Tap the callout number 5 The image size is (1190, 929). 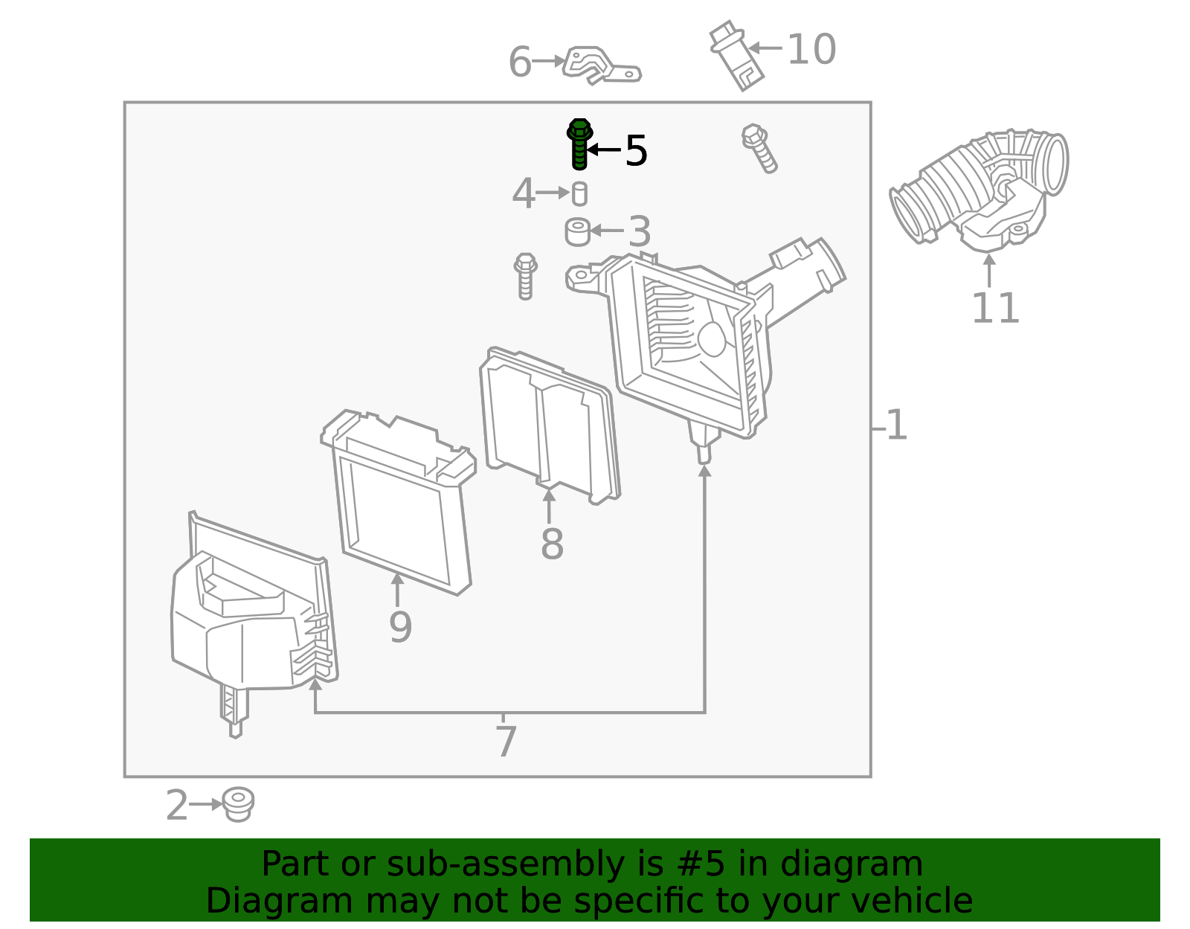(x=636, y=151)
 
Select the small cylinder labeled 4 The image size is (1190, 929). (x=579, y=193)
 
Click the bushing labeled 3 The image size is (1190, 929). (x=577, y=231)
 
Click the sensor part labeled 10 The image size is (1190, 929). (x=736, y=57)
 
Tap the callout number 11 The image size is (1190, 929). (x=995, y=309)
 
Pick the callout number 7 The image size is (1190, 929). (x=506, y=742)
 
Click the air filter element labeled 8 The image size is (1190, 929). (x=549, y=424)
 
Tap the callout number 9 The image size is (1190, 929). (x=400, y=627)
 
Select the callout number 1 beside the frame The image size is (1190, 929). (x=897, y=425)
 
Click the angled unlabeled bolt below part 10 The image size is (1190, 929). (x=759, y=148)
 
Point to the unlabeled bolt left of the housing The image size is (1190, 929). (x=525, y=276)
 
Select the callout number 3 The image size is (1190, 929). (x=640, y=232)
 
